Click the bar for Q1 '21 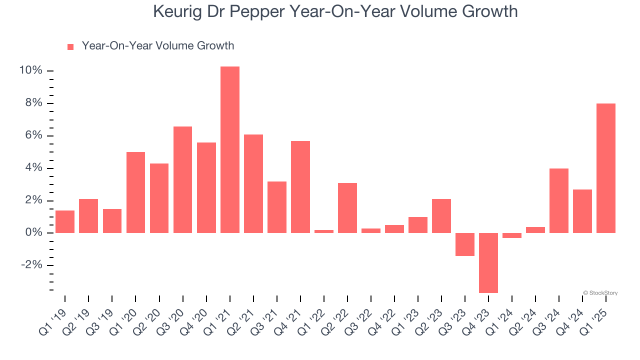click(230, 149)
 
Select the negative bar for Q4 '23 click(488, 262)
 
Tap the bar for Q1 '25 click(606, 168)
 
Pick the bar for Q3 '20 click(182, 179)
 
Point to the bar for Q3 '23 click(465, 244)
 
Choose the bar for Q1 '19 click(65, 221)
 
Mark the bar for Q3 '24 click(559, 200)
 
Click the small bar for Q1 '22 click(324, 231)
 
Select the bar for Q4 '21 click(300, 187)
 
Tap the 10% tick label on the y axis click(30, 70)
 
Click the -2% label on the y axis click(31, 265)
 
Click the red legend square click(70, 46)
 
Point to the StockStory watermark click(600, 293)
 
